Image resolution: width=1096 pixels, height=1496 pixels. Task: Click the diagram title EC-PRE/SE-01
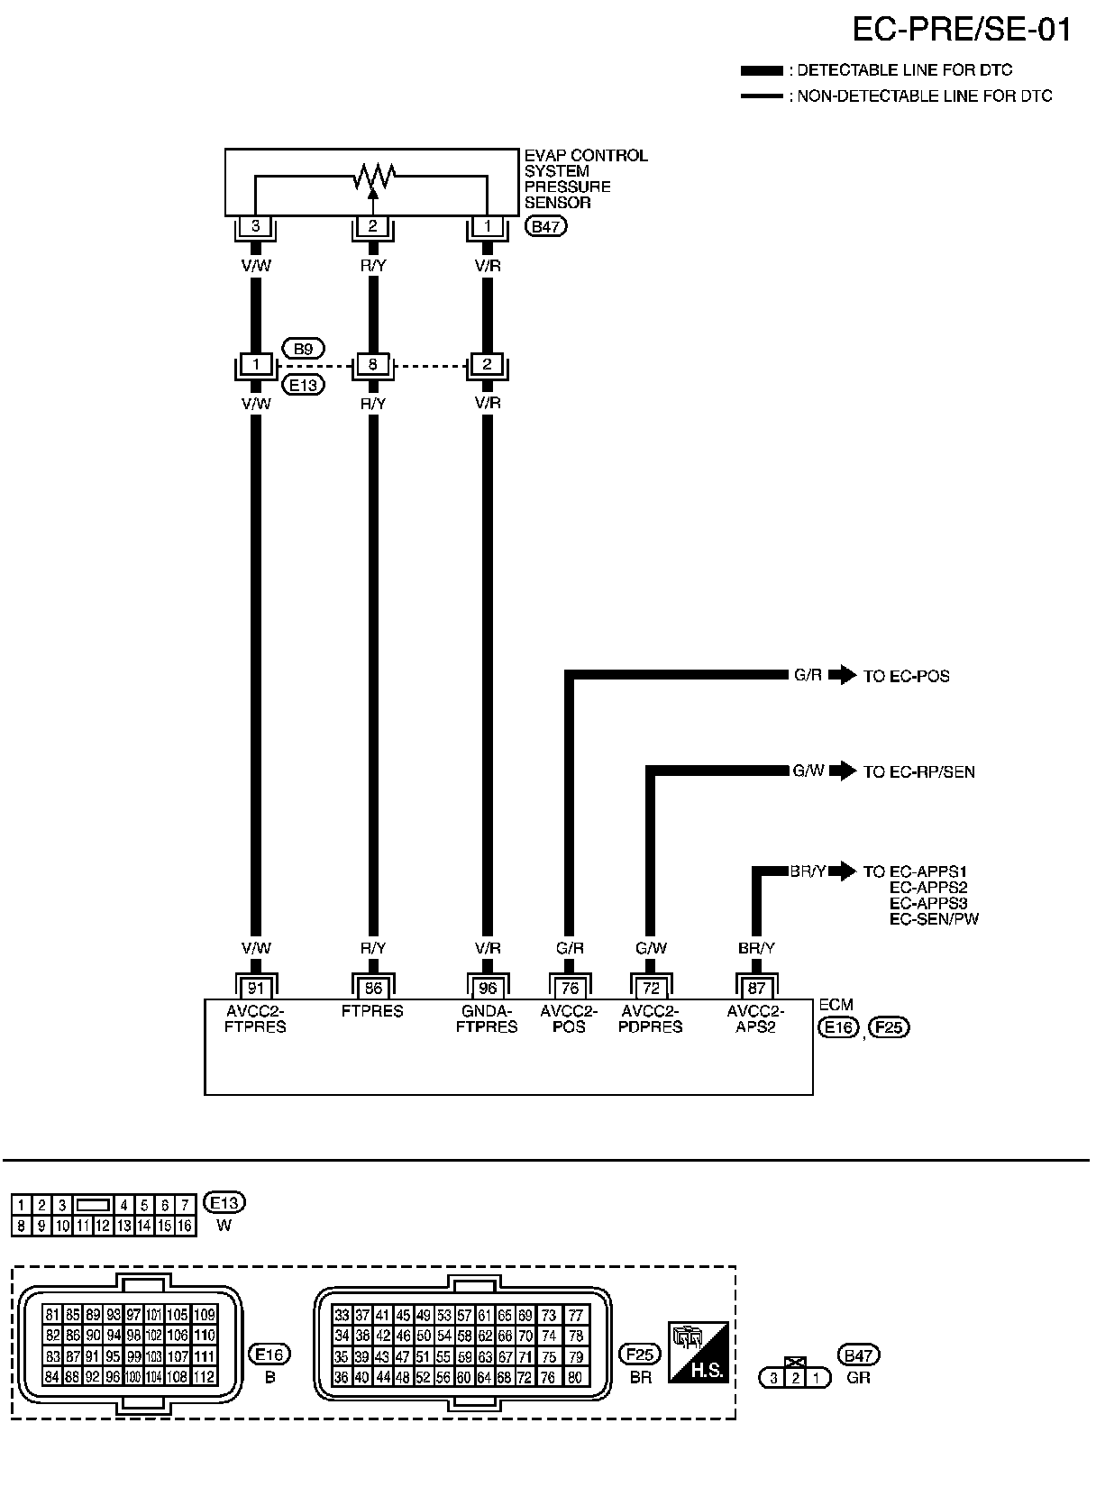click(962, 31)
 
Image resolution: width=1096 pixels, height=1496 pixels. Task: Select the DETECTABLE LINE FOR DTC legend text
click(904, 70)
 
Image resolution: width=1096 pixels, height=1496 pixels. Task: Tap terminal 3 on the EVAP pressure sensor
click(256, 226)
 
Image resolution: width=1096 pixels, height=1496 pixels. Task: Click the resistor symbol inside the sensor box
click(373, 175)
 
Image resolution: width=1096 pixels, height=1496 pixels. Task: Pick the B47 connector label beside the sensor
click(546, 226)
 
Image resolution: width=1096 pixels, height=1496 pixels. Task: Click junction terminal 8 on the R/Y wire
click(373, 365)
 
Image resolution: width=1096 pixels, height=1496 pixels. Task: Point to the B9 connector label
click(304, 348)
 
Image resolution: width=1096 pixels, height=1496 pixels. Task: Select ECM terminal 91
click(256, 988)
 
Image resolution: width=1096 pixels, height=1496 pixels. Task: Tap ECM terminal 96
click(488, 988)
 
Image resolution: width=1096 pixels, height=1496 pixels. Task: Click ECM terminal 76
click(570, 988)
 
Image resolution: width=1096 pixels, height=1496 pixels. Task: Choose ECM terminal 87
click(756, 988)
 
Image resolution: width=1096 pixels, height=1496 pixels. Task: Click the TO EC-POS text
click(906, 676)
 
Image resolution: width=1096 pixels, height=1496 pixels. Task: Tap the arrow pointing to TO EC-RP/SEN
click(842, 771)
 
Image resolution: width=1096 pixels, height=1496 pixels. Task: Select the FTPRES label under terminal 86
click(372, 1011)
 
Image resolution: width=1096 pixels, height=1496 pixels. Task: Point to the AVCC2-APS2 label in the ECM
click(755, 1018)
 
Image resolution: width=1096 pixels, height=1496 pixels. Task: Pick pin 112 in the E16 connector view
click(204, 1376)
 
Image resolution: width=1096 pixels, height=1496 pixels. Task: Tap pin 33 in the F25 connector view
click(342, 1315)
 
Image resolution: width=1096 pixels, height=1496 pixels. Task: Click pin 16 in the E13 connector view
click(185, 1226)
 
